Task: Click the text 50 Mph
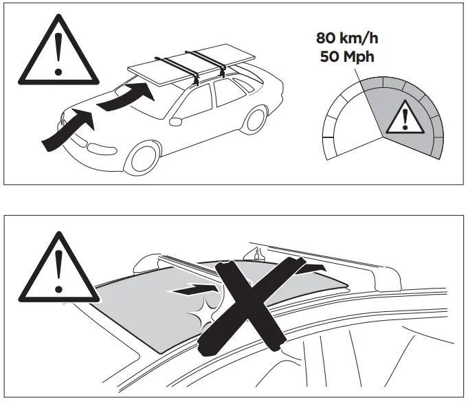(x=347, y=56)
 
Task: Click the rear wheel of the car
(x=255, y=119)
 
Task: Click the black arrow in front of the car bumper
(x=65, y=131)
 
